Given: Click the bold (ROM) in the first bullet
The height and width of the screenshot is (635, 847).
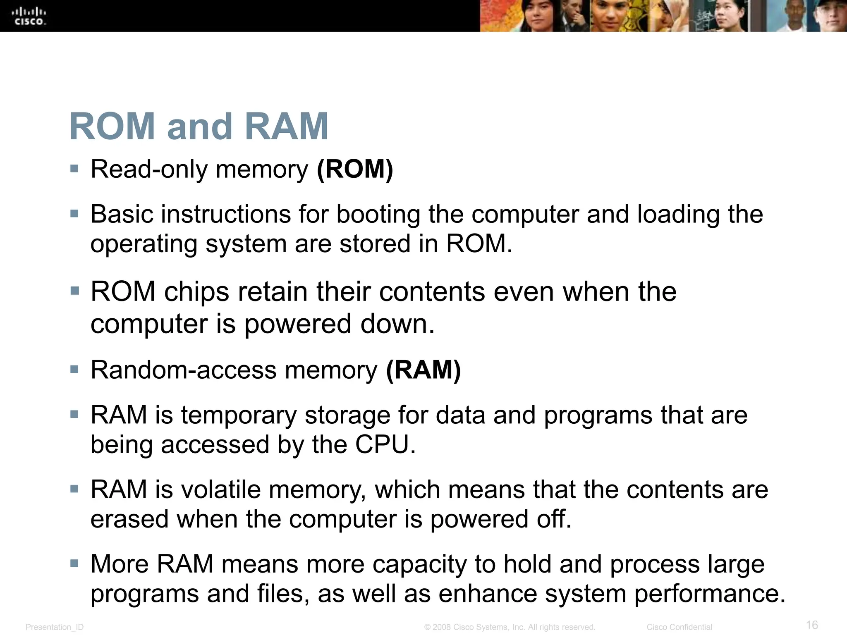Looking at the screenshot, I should pos(355,169).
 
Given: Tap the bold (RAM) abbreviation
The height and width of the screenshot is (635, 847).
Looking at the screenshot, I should pos(423,370).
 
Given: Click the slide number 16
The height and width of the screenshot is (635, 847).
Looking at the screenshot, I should pos(812,625).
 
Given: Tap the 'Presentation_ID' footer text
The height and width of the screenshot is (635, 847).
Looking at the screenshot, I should pos(55,627).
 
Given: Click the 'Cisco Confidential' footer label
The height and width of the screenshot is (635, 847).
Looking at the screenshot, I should pos(679,627).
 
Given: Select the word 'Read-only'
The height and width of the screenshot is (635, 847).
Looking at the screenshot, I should pos(149,169).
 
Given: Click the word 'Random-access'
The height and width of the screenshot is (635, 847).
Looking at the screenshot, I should pos(184,370).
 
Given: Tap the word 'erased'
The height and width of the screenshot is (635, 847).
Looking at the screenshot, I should pos(129,519).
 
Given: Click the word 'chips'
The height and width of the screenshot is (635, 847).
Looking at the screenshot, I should pos(196,292).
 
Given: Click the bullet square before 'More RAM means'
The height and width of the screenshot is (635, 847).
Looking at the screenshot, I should pos(74,563).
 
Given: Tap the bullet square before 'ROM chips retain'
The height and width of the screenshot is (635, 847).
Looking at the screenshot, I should pos(74,291).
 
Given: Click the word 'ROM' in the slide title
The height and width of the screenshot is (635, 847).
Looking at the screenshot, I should pos(112,127).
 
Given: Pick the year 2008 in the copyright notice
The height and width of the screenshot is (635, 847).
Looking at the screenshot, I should pos(442,627).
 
